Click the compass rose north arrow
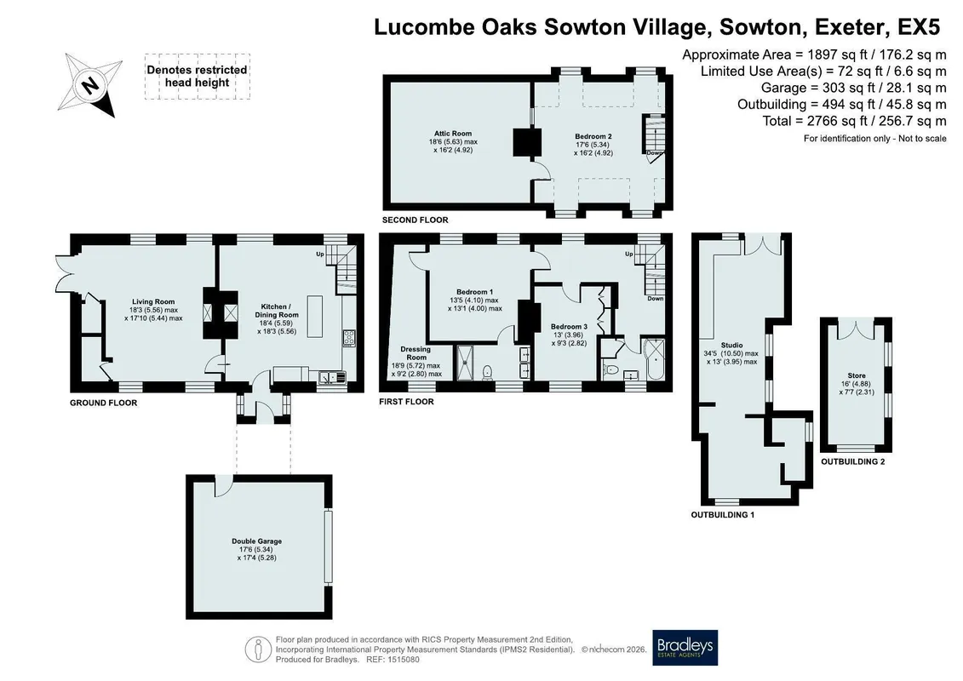[89, 85]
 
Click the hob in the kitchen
[349, 338]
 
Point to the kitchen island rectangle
[315, 317]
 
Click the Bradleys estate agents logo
[685, 647]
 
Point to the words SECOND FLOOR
[416, 220]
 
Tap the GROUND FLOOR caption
[103, 403]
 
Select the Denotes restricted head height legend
[198, 76]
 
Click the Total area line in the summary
[854, 121]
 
